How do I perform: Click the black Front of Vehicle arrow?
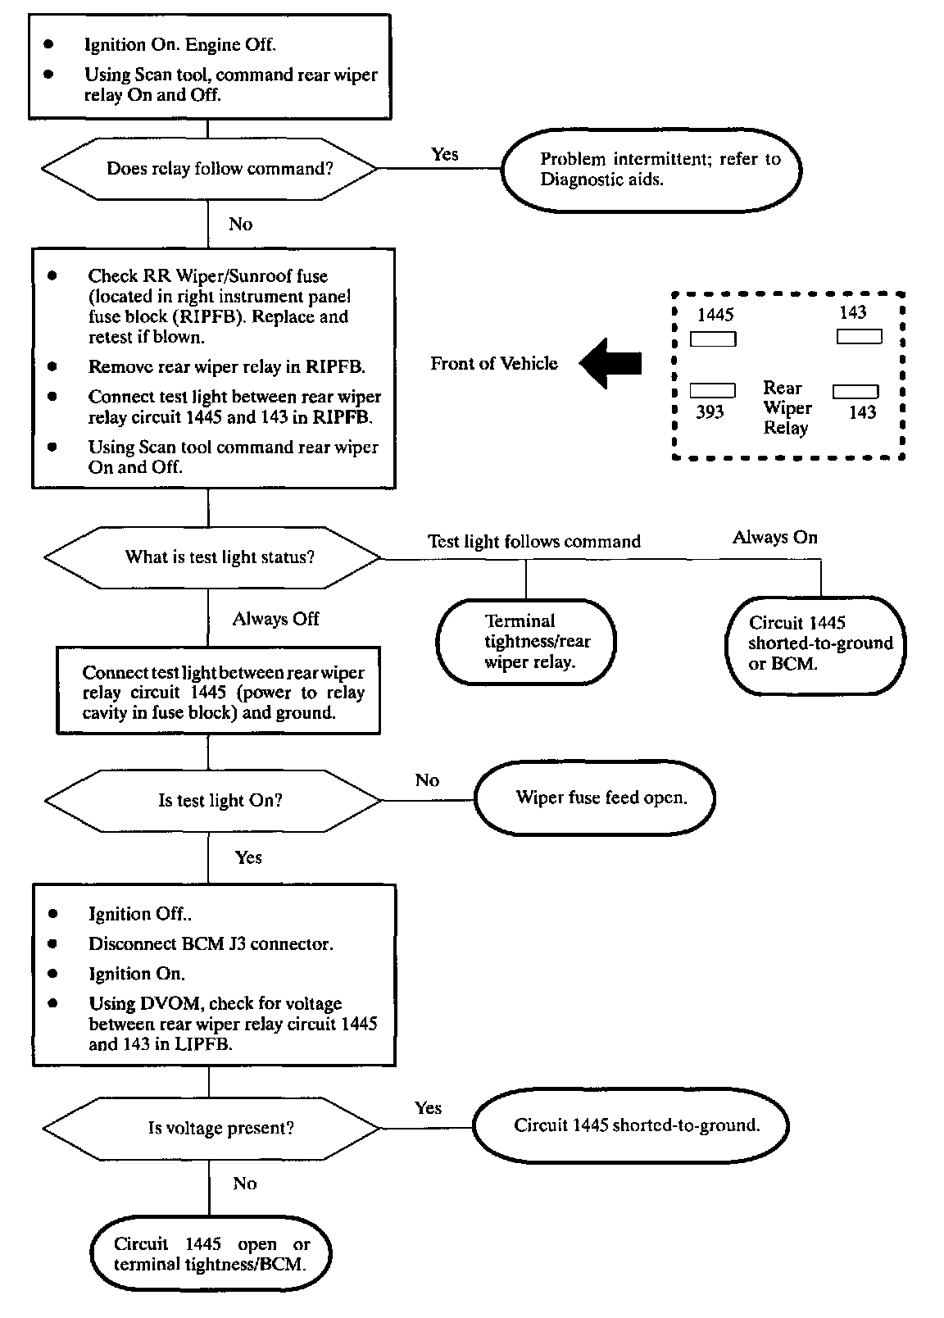coord(610,363)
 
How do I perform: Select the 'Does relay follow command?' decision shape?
coord(210,169)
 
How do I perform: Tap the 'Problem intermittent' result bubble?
coord(651,170)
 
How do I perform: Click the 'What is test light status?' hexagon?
coord(212,557)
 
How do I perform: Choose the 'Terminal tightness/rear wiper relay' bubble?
coord(526,641)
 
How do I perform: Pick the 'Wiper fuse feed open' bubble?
coord(595,798)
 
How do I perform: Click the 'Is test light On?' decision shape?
coord(213,800)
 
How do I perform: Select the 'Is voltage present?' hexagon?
coord(211,1128)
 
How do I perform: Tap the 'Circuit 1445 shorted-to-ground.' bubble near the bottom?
coord(630,1125)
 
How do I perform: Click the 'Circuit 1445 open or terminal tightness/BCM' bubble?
coord(211,1253)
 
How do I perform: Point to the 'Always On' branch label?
coord(774,537)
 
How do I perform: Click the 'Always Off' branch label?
coord(276,619)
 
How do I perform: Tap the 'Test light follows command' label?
coord(534,541)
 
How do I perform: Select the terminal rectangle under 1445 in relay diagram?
coord(713,339)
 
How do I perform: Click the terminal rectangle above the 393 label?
coord(712,390)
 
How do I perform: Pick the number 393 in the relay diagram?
coord(710,411)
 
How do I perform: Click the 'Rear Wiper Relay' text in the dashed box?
coord(787,407)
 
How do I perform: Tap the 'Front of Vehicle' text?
coord(493,364)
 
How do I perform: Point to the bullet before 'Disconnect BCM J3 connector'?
coord(53,943)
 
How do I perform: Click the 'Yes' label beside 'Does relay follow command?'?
coord(444,154)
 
